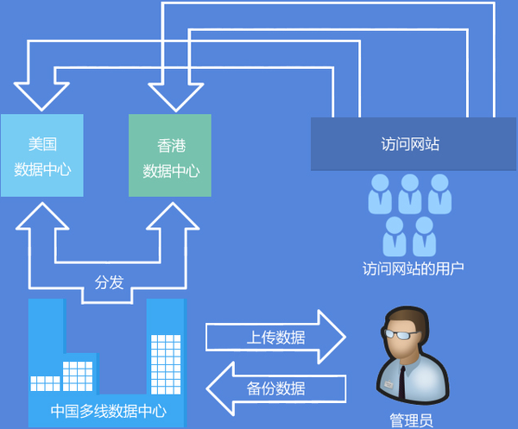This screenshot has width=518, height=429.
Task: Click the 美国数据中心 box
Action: coord(41,155)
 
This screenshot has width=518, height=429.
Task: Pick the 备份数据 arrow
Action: coord(275,388)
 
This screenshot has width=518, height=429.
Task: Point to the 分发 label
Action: coord(109,282)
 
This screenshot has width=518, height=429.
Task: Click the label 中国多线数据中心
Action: coord(109,411)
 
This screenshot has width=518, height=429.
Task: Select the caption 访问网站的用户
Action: coord(414,268)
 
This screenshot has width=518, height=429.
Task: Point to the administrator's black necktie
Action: coord(402,380)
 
